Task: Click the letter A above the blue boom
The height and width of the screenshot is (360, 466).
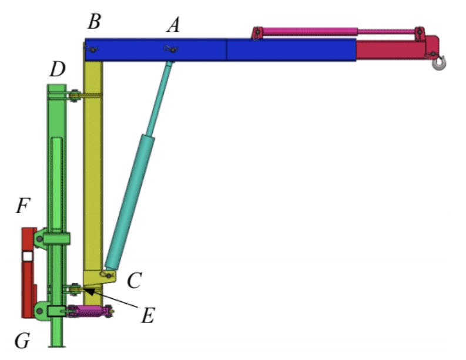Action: point(173,25)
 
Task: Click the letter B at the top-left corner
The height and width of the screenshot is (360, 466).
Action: point(94,22)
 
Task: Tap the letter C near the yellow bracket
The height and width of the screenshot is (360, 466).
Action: point(134,281)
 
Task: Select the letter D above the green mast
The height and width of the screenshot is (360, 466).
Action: point(57,70)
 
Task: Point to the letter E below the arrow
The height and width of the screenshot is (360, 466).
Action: point(147,315)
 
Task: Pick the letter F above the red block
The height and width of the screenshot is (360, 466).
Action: point(23,207)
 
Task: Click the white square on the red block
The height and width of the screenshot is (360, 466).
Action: point(27,256)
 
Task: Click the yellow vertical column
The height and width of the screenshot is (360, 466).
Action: point(93,176)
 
